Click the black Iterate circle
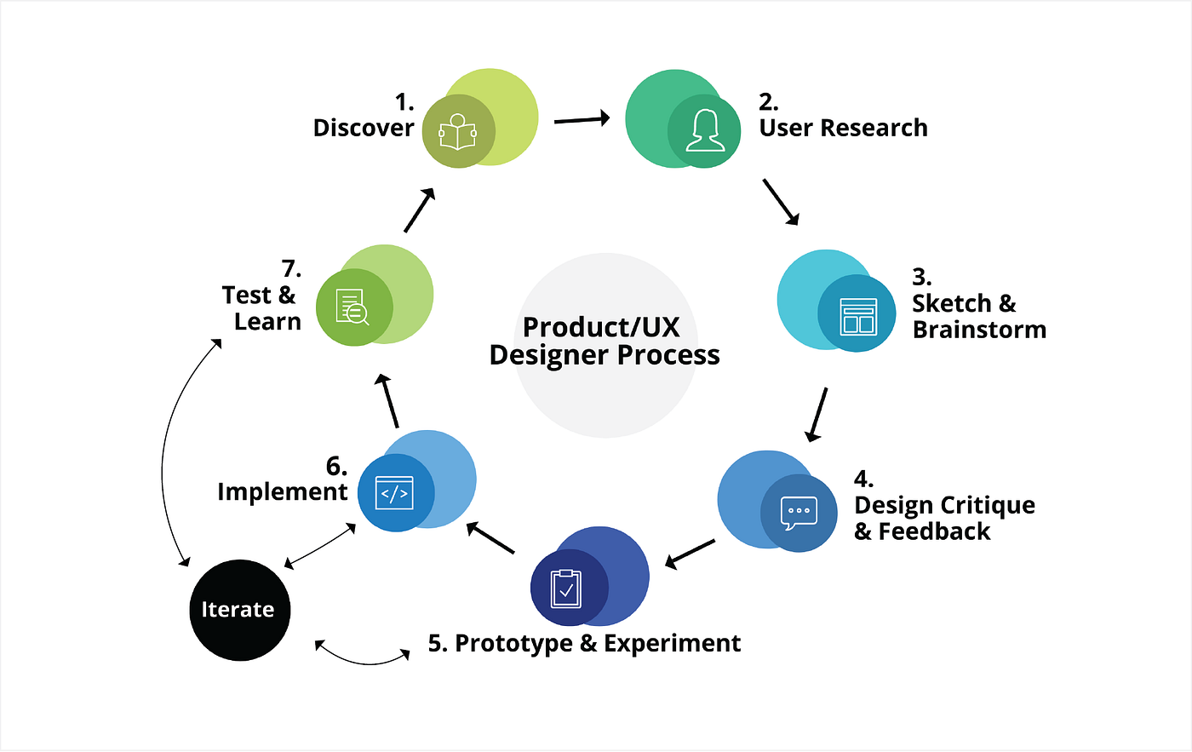(239, 610)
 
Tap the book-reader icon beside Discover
(458, 132)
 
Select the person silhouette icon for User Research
(705, 131)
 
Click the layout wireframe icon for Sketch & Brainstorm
(857, 315)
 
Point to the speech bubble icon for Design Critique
(799, 513)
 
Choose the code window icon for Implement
(394, 493)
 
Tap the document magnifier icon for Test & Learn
(352, 307)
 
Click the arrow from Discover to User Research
(582, 119)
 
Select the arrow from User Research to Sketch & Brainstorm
(781, 202)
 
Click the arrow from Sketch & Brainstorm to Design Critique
(817, 415)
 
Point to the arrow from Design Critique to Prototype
(690, 554)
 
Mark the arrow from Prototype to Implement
(491, 539)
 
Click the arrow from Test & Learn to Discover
(420, 210)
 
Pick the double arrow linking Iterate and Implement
(320, 546)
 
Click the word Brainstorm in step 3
(979, 330)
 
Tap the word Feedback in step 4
(934, 532)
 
